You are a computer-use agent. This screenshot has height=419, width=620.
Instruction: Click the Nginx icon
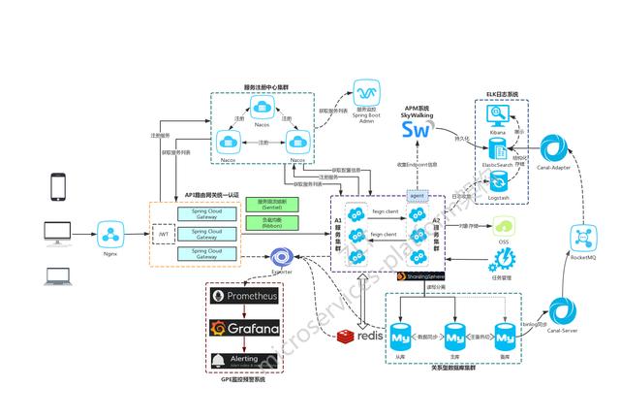pos(108,233)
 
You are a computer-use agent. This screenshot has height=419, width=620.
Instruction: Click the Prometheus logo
pos(242,296)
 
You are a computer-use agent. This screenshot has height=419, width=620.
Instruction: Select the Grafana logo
pos(242,328)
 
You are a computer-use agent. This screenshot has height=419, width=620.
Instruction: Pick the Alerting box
pos(242,361)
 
